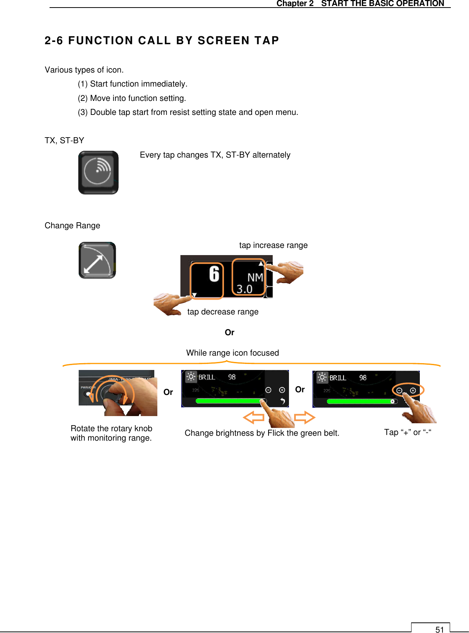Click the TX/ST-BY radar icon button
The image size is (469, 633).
point(98,173)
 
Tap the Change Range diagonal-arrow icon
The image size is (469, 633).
point(97,260)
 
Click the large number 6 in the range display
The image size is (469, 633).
point(214,274)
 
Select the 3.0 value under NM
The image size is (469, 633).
point(244,289)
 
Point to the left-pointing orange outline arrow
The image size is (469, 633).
point(253,418)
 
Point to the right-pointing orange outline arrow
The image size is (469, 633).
point(304,418)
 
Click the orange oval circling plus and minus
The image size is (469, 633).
point(408,390)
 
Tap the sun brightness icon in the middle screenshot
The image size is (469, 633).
point(191,377)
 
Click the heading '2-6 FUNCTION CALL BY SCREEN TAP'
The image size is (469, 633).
point(162,40)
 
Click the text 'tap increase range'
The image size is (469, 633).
point(273,245)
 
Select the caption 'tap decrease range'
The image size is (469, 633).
point(223,312)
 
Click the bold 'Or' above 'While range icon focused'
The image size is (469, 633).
point(229,333)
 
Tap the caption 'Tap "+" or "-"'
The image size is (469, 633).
point(408,432)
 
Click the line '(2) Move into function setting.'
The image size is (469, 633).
point(132,98)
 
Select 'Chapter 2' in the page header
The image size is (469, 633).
point(295,3)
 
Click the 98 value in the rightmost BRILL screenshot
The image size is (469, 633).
point(363,378)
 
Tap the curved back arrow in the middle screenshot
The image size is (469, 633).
point(282,401)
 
